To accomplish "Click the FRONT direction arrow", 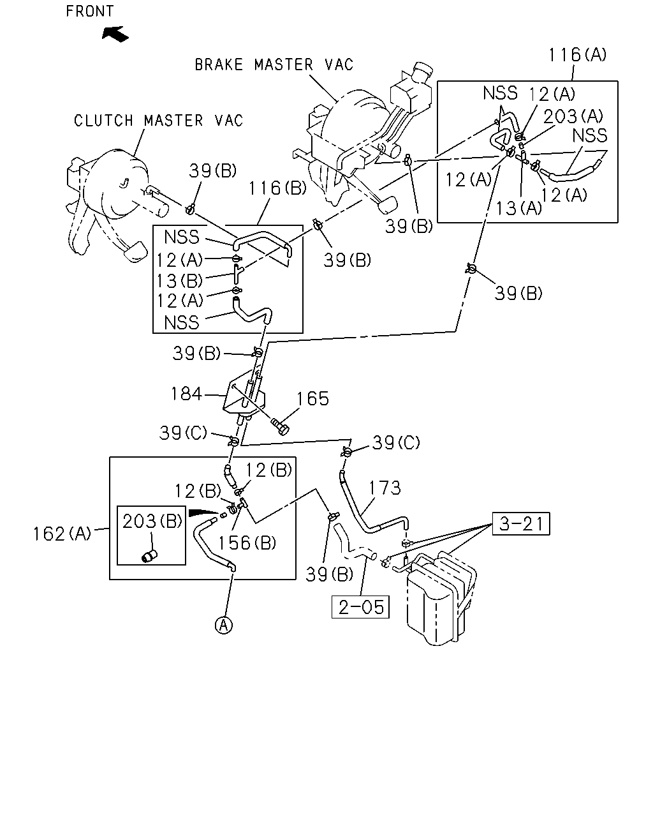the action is [115, 34].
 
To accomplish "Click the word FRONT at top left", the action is [90, 11].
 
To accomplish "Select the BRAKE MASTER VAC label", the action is [274, 64].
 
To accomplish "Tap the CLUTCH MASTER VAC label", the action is [158, 121].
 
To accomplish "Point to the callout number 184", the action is [186, 394].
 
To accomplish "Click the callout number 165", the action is [312, 399].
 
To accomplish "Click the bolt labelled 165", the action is [280, 426].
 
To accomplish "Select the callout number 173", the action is [385, 488].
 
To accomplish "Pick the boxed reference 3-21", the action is [521, 524].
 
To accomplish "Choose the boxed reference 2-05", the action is [360, 607].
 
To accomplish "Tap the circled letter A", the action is [223, 625].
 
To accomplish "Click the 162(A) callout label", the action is [62, 534].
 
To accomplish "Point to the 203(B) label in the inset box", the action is [152, 521].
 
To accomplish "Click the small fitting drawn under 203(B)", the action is [149, 556].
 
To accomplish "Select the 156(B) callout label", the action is [247, 543].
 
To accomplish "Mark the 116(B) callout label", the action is [277, 188].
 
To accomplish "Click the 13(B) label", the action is [179, 281].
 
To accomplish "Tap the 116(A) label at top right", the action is [578, 55].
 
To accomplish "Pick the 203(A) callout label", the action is [573, 116].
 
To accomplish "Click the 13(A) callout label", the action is [519, 208].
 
